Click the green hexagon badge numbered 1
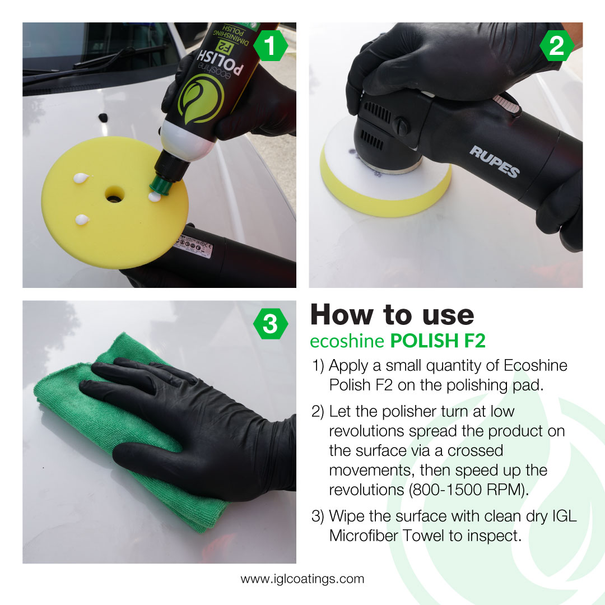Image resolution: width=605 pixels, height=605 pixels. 271,46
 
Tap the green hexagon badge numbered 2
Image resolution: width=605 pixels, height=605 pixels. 556,46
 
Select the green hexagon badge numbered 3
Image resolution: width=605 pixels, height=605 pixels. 271,324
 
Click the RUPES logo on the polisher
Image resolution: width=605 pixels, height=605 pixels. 494,162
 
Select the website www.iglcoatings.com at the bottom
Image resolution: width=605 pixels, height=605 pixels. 302,579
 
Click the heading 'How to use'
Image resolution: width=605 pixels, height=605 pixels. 392,315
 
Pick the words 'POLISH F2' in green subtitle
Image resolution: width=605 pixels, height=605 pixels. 438,341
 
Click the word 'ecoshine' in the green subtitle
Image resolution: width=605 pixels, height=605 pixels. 347,341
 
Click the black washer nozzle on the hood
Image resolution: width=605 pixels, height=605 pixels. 103,117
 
